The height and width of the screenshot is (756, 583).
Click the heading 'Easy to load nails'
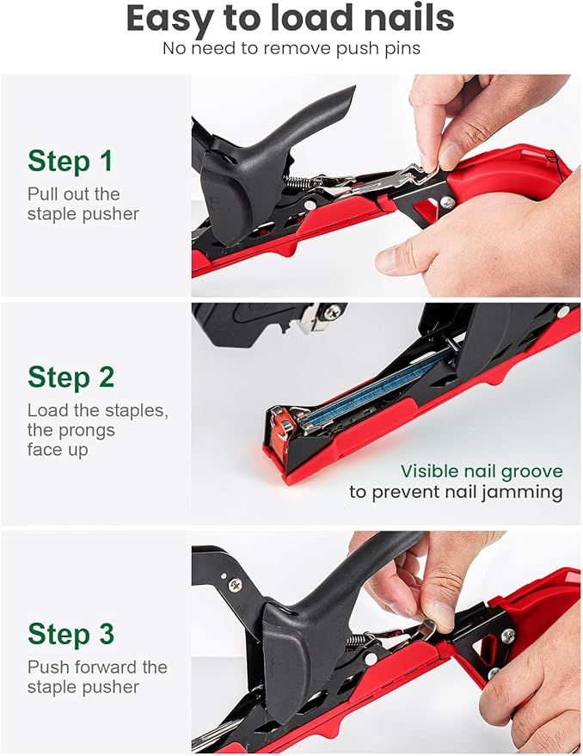[291, 20]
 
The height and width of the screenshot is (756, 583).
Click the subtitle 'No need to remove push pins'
[291, 48]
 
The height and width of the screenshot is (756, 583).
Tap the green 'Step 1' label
[71, 161]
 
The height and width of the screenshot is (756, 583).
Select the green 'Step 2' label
[71, 377]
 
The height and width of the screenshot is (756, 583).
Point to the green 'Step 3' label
[71, 634]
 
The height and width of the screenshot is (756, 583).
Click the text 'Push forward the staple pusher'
[97, 677]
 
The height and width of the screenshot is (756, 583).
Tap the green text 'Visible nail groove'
[482, 471]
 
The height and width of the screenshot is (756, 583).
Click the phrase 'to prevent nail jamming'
[456, 493]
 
